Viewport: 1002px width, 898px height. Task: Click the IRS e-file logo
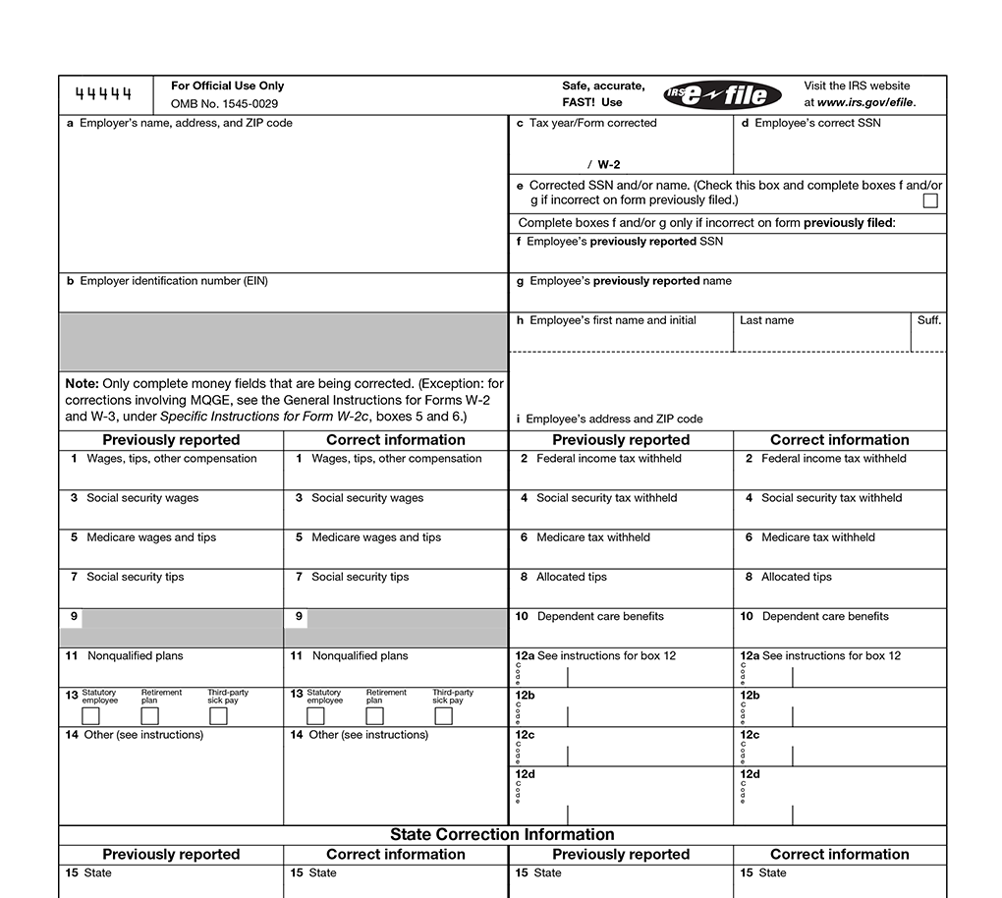pyautogui.click(x=723, y=94)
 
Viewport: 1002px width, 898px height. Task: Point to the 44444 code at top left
pyautogui.click(x=104, y=94)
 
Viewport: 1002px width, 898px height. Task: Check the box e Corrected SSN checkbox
pyautogui.click(x=929, y=200)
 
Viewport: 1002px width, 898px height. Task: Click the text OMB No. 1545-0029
pyautogui.click(x=224, y=103)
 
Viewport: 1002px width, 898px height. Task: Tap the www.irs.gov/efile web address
pyautogui.click(x=865, y=102)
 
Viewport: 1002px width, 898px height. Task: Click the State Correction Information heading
pyautogui.click(x=502, y=834)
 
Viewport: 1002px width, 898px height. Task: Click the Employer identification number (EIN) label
pyautogui.click(x=173, y=281)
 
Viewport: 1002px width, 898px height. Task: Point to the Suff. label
pyautogui.click(x=928, y=320)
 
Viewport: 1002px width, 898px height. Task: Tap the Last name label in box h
pyautogui.click(x=766, y=320)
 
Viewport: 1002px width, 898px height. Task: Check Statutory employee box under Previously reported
pyautogui.click(x=90, y=716)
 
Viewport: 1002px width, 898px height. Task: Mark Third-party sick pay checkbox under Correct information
pyautogui.click(x=443, y=716)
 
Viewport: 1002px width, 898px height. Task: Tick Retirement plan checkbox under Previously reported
pyautogui.click(x=149, y=716)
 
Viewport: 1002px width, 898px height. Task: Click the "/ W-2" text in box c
pyautogui.click(x=603, y=165)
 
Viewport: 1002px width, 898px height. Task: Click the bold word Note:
pyautogui.click(x=82, y=383)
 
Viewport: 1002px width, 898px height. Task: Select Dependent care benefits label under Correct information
pyautogui.click(x=825, y=616)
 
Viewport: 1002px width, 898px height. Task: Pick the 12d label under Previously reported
pyautogui.click(x=525, y=774)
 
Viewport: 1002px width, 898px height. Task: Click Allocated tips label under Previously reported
pyautogui.click(x=571, y=577)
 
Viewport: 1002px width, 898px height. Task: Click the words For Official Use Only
pyautogui.click(x=227, y=85)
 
